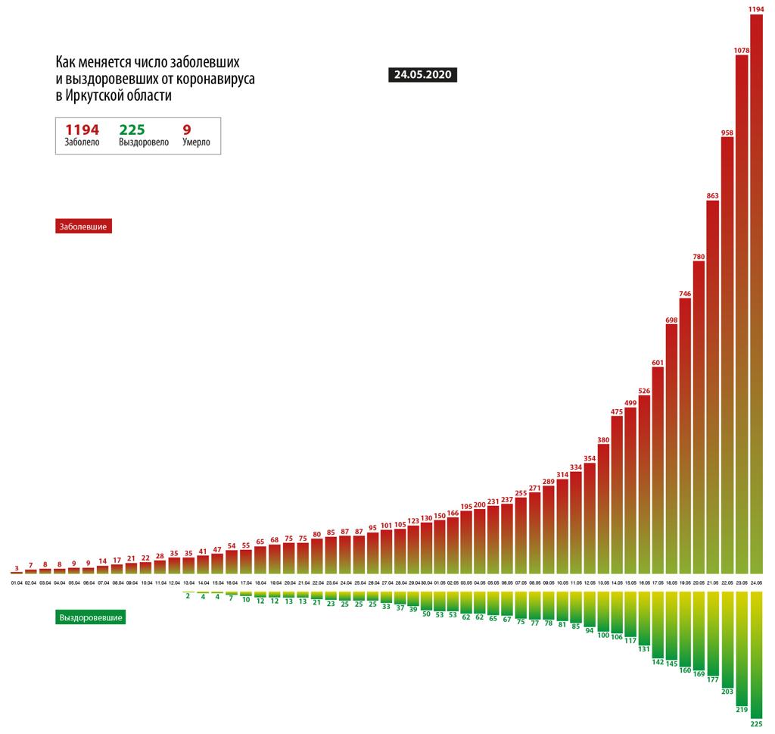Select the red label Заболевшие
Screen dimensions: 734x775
click(x=84, y=226)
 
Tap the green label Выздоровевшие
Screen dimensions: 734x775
click(x=90, y=617)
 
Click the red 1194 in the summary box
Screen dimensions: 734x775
click(x=82, y=130)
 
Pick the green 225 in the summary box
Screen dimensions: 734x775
click(x=132, y=130)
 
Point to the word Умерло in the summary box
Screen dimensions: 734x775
click(x=196, y=142)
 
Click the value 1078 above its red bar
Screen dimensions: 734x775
click(x=742, y=49)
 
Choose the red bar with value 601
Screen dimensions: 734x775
click(x=657, y=470)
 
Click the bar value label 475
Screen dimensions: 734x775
click(x=616, y=411)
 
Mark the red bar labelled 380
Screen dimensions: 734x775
click(x=603, y=508)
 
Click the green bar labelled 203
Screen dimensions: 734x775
click(x=727, y=640)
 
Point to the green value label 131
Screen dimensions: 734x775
click(x=644, y=649)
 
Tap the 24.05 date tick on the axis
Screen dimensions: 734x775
click(x=755, y=583)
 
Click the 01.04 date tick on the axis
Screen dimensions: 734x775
click(x=16, y=583)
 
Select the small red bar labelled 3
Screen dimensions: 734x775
click(x=17, y=573)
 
